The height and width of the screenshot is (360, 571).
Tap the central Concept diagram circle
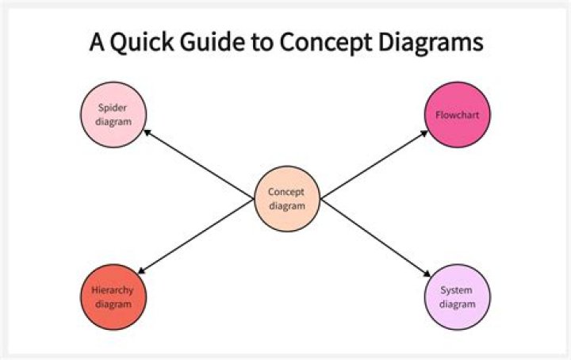coord(286,198)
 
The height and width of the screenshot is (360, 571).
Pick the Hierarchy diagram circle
coord(114,297)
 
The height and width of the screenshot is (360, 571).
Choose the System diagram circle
coord(458,297)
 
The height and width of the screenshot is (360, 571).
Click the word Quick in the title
coord(139,43)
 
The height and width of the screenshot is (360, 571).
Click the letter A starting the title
coord(97,43)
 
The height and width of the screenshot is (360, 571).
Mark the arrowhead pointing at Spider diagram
coord(149,132)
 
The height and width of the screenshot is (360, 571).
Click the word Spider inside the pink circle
coord(114,109)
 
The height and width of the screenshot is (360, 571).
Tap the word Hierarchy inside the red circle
coord(114,290)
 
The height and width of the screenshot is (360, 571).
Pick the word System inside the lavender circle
coord(458,290)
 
